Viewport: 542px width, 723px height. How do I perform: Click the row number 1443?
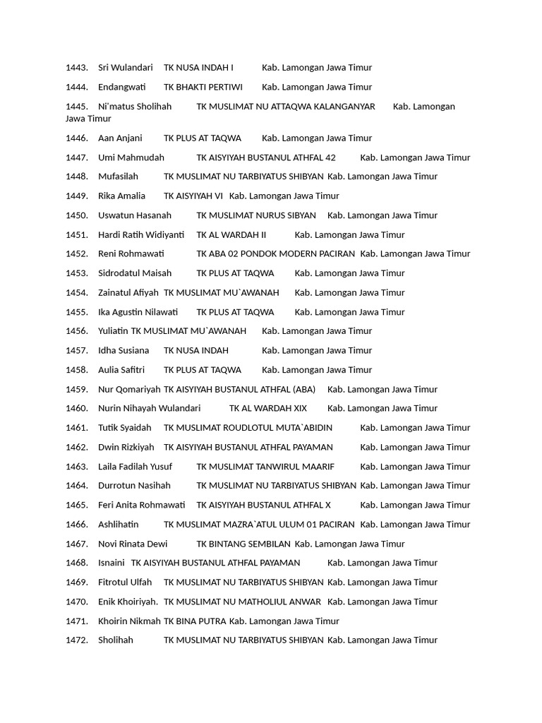coord(76,68)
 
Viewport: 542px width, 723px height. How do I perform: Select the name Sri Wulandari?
coord(126,68)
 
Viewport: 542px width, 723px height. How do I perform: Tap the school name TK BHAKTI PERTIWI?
coord(203,87)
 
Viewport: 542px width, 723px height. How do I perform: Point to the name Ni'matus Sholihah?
coord(135,107)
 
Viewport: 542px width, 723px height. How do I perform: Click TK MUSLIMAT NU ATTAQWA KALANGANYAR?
coord(286,107)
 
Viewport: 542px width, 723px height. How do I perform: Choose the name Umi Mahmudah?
coord(131,157)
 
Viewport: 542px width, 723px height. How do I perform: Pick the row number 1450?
coord(76,215)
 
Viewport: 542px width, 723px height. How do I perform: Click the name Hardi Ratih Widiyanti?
coord(141,234)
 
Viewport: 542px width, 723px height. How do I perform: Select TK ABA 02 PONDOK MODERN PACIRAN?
coord(276,253)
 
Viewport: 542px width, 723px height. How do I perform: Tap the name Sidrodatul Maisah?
coord(135,273)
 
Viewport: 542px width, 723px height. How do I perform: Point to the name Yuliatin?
coord(113,331)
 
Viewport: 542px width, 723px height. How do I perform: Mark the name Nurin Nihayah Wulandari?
coord(150,408)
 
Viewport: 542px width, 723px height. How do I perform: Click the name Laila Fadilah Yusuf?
coord(135,467)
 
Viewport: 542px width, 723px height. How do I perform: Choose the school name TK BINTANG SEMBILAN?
coord(243,544)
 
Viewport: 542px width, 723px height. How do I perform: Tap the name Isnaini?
coord(112,563)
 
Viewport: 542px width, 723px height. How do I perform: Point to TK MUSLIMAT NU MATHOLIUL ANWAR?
coord(242,602)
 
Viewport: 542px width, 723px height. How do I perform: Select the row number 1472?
coord(76,640)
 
